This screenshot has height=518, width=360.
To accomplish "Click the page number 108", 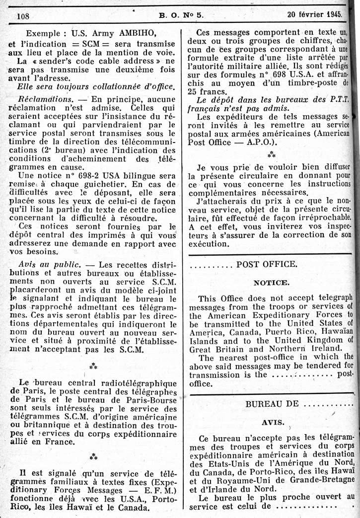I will click(23, 15).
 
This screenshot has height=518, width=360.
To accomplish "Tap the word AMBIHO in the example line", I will click(136, 34).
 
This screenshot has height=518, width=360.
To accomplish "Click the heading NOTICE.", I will click(271, 283).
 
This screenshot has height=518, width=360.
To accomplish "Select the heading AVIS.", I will click(273, 423).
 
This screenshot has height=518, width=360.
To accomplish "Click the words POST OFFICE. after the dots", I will click(267, 264).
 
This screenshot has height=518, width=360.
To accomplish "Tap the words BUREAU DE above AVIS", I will click(272, 404).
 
